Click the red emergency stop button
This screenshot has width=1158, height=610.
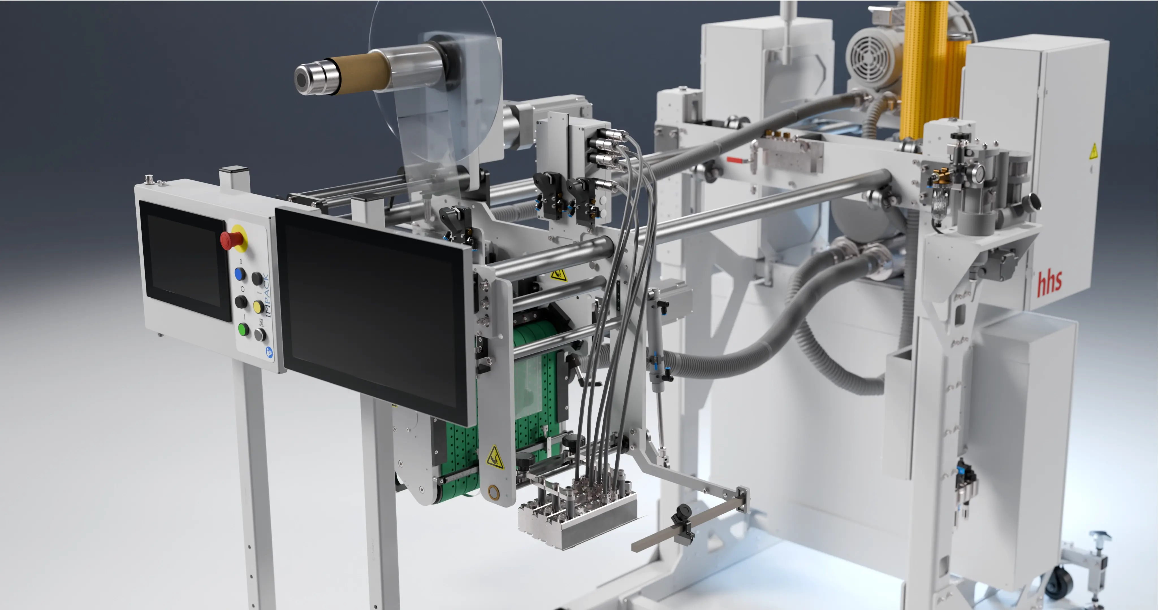[232, 239]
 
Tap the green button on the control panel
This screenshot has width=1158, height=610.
[243, 329]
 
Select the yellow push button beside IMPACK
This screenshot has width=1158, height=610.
[258, 307]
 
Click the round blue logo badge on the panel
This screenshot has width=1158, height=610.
[269, 353]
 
